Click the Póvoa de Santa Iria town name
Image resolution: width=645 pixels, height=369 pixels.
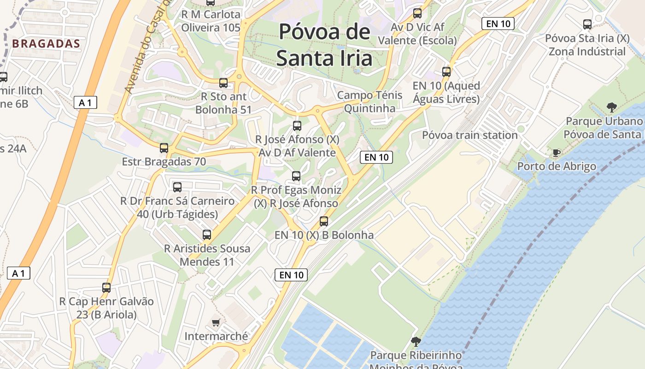tap(325, 45)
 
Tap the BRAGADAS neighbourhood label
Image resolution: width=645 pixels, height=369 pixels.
tap(46, 44)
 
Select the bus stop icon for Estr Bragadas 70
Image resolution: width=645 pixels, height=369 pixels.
tap(164, 148)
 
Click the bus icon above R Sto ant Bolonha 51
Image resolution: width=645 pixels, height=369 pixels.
tap(223, 83)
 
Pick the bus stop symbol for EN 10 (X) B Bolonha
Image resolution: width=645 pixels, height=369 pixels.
tap(324, 221)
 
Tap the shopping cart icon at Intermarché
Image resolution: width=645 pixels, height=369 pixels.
tap(216, 322)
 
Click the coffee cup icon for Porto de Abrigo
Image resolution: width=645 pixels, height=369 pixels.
tap(557, 153)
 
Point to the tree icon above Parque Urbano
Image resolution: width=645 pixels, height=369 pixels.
tap(611, 108)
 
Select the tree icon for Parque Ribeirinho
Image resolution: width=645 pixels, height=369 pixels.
tap(416, 342)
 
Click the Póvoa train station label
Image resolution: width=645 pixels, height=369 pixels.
tap(470, 135)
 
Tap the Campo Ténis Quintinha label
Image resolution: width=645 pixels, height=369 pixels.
tap(369, 101)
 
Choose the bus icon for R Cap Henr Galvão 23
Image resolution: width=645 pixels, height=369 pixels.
tap(106, 288)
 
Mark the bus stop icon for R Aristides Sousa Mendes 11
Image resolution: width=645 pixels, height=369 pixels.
tap(207, 235)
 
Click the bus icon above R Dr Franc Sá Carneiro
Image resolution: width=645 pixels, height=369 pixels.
tap(177, 187)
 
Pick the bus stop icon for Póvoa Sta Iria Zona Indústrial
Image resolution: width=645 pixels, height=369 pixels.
tap(587, 24)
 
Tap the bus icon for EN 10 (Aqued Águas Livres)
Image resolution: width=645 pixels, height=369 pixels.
tap(446, 72)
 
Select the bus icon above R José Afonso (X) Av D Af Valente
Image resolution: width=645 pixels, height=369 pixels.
tap(297, 126)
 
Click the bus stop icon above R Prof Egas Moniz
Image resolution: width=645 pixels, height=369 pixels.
tap(296, 176)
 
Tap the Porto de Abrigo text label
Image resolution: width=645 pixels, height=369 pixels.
tap(557, 166)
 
